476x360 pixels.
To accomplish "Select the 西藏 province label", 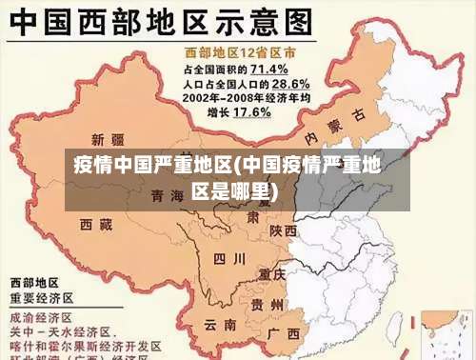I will (95, 225).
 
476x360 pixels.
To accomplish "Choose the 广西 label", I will (284, 333).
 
